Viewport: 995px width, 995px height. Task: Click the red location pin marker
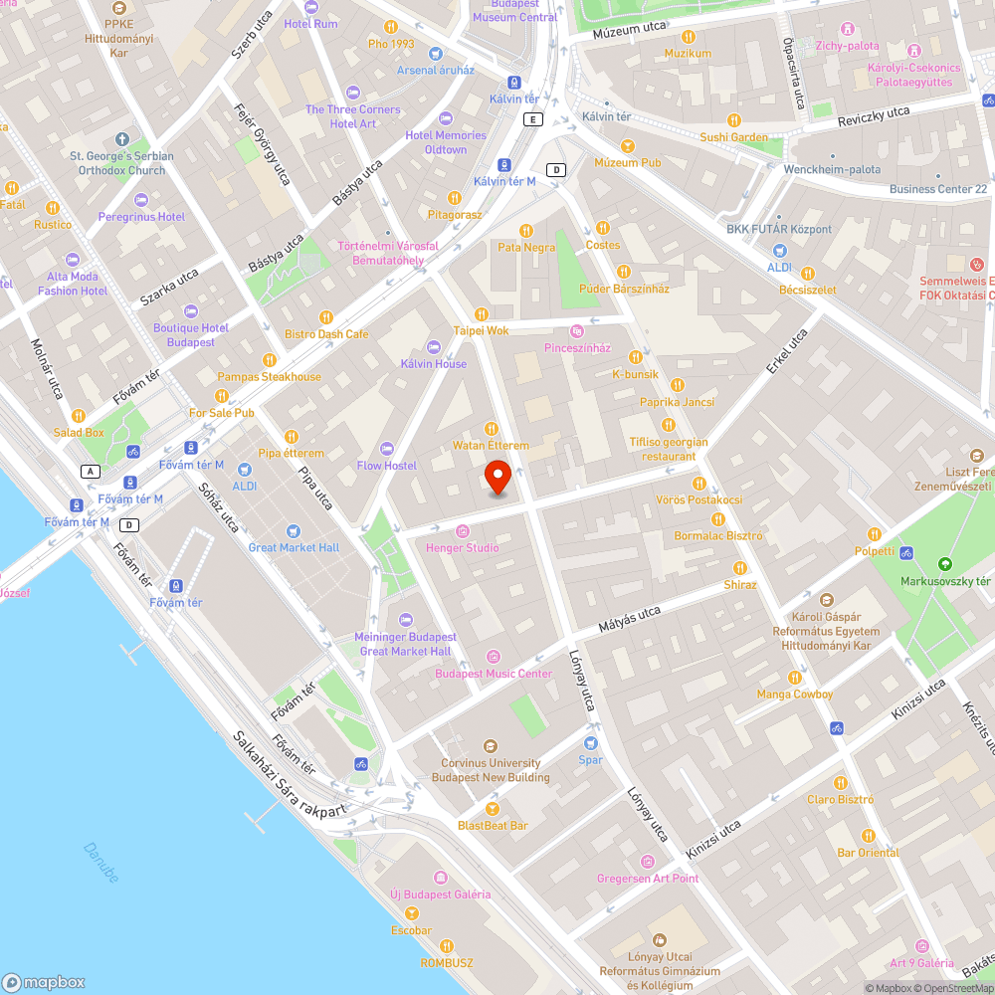pyautogui.click(x=498, y=478)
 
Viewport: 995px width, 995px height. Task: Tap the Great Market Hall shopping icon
pyautogui.click(x=293, y=530)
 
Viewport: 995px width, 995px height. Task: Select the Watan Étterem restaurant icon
pyautogui.click(x=490, y=428)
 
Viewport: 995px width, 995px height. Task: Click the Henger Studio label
pyautogui.click(x=463, y=548)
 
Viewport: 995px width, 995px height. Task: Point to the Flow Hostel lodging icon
pyautogui.click(x=387, y=449)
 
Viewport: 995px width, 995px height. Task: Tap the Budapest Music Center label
pyautogui.click(x=493, y=674)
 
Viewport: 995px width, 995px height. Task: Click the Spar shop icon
pyautogui.click(x=591, y=743)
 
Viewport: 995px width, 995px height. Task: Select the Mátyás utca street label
pyautogui.click(x=629, y=621)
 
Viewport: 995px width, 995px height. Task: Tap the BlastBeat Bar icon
pyautogui.click(x=491, y=808)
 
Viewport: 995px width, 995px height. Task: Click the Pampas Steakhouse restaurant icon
pyautogui.click(x=269, y=359)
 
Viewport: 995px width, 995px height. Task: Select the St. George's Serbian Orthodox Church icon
pyautogui.click(x=121, y=139)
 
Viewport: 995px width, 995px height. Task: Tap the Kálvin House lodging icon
pyautogui.click(x=432, y=346)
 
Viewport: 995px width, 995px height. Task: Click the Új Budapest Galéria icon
pyautogui.click(x=440, y=877)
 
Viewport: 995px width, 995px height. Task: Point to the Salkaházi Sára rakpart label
pyautogui.click(x=290, y=777)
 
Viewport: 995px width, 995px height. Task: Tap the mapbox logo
pyautogui.click(x=44, y=981)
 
